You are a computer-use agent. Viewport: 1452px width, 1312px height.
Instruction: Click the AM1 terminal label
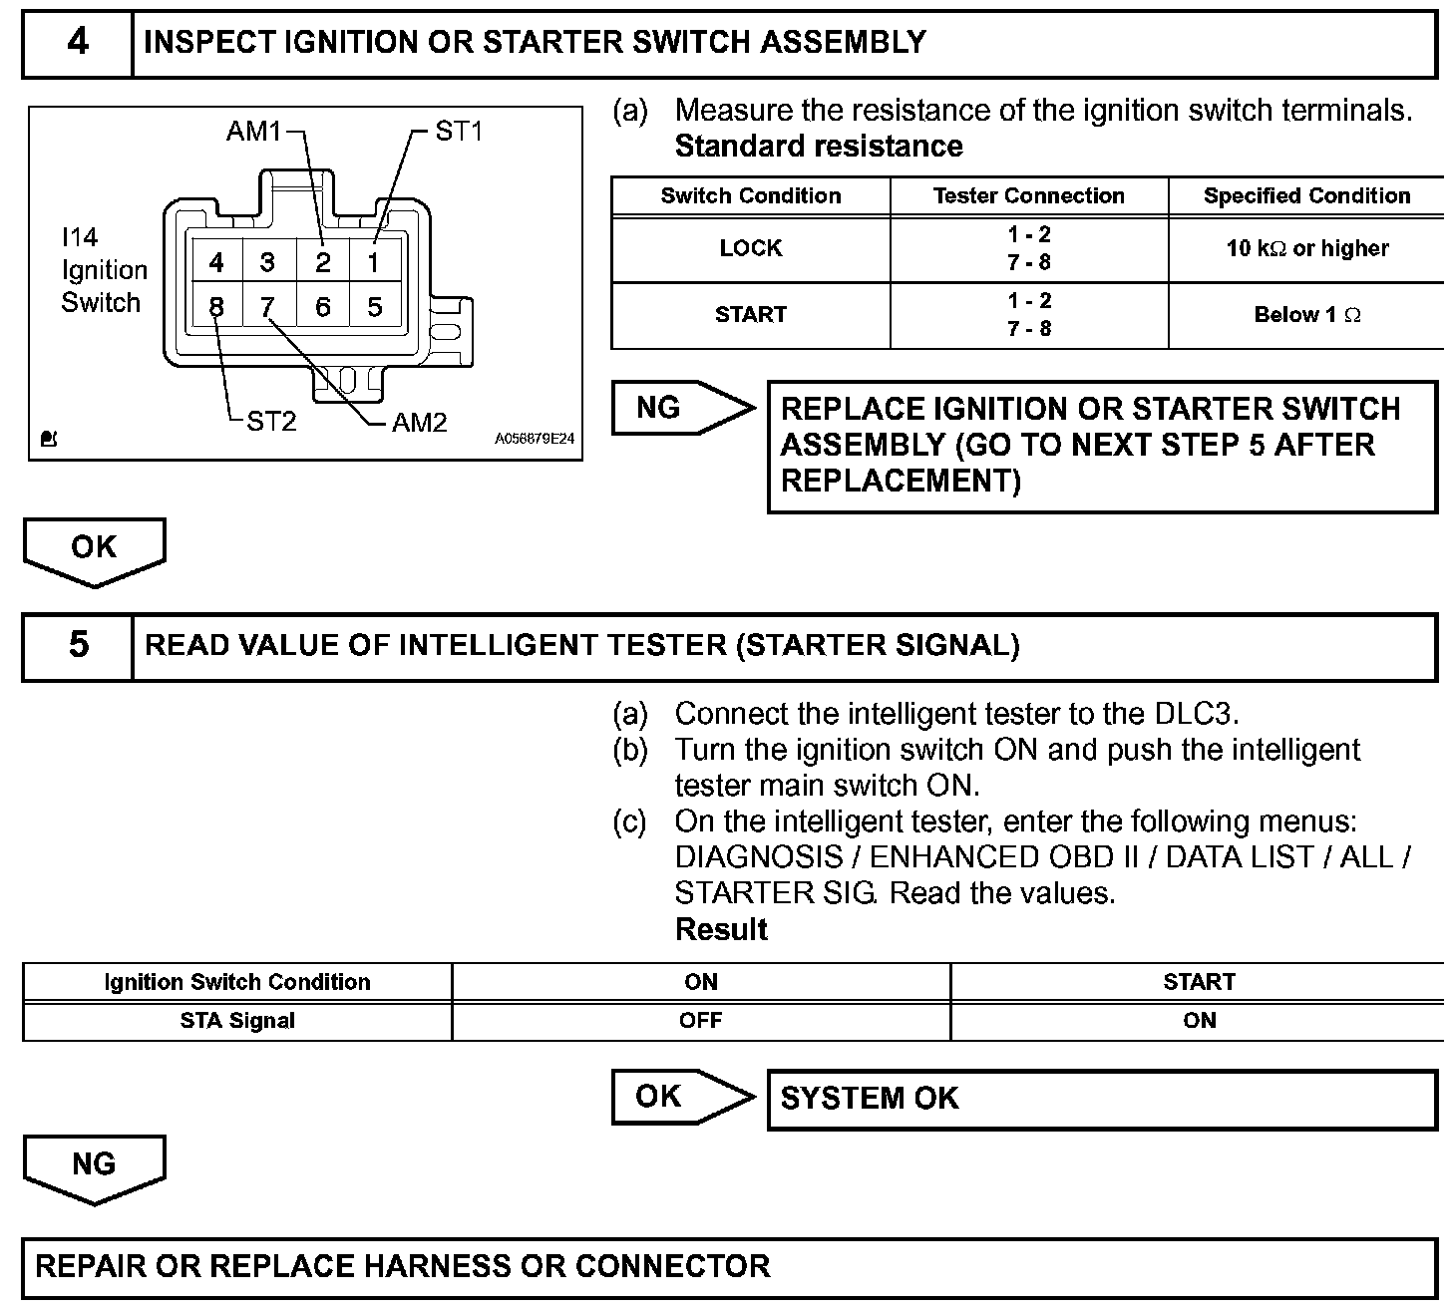(x=253, y=131)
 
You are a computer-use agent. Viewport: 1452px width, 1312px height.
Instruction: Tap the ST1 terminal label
(x=459, y=131)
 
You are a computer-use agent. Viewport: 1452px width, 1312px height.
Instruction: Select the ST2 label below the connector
(x=271, y=422)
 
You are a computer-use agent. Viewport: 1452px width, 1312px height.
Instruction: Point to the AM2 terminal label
(x=419, y=423)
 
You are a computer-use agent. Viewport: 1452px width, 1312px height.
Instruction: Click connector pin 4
(x=216, y=263)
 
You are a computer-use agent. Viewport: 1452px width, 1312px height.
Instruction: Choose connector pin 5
(x=375, y=307)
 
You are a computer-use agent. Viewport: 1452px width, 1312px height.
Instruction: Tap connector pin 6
(x=322, y=307)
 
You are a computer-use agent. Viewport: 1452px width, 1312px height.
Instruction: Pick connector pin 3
(x=268, y=263)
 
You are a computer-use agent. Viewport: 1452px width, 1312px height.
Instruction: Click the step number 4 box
(x=78, y=43)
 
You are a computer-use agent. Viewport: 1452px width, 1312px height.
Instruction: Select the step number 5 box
(x=78, y=645)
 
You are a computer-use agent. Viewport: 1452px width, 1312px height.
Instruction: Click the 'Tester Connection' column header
(x=1028, y=196)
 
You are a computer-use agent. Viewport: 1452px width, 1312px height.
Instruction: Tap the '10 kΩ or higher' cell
(x=1306, y=249)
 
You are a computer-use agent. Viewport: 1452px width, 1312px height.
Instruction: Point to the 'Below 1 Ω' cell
(x=1306, y=315)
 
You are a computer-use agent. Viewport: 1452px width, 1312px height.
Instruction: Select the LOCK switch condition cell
(x=750, y=249)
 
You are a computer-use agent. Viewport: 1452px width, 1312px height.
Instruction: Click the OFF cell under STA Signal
(x=700, y=1021)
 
